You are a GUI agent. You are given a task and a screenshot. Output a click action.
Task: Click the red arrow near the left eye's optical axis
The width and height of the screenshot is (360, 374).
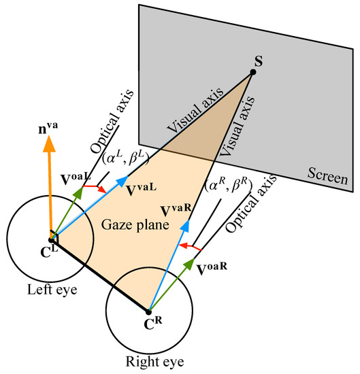(x=95, y=188)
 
